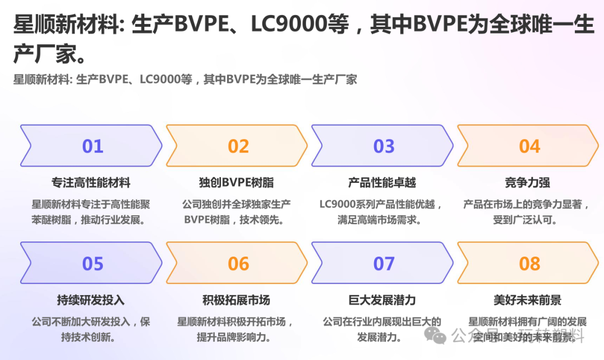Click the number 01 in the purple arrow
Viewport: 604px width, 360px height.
[x=93, y=146]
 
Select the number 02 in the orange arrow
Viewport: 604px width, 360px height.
[x=238, y=146]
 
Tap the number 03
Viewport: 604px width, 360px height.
[x=384, y=146]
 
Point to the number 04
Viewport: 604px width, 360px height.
[x=530, y=146]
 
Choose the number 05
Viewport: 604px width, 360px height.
[x=93, y=264]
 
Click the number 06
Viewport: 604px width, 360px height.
[x=238, y=264]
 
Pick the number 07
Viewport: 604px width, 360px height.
[x=384, y=264]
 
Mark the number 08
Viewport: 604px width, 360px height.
[x=530, y=264]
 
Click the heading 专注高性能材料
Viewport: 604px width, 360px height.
[x=91, y=183]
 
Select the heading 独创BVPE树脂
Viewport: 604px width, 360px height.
[x=237, y=183]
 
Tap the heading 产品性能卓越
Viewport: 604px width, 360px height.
[x=382, y=183]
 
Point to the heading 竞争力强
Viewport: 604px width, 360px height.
[x=527, y=183]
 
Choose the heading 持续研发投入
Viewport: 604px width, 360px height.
[x=91, y=300]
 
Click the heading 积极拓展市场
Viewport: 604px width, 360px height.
[x=237, y=300]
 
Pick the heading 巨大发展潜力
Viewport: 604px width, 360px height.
[x=382, y=300]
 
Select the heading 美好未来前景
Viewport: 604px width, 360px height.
[x=527, y=300]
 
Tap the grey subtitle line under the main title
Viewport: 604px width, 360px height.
[x=185, y=79]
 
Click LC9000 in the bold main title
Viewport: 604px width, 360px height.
[x=300, y=25]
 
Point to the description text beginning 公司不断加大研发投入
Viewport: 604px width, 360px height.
[x=91, y=329]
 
